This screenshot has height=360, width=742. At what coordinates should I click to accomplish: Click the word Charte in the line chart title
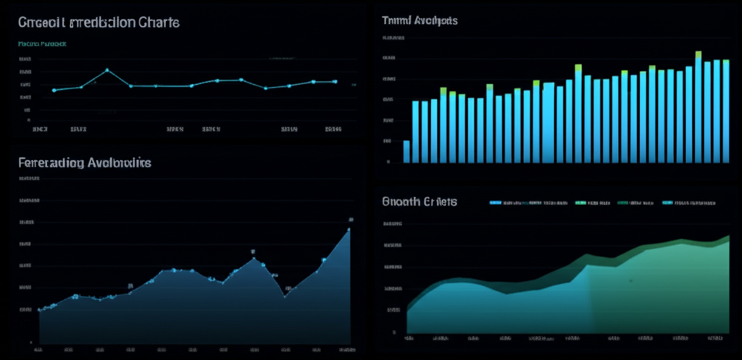click(x=157, y=22)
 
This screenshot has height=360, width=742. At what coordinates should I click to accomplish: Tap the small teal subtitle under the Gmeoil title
click(x=41, y=43)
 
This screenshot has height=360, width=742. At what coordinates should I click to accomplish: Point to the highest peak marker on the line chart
click(x=107, y=70)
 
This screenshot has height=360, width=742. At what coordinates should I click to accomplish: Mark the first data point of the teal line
click(x=54, y=91)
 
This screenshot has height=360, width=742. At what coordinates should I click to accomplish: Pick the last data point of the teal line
click(x=335, y=82)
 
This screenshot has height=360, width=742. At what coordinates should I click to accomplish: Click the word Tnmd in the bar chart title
click(x=396, y=21)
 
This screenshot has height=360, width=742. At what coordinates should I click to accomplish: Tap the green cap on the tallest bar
click(x=699, y=54)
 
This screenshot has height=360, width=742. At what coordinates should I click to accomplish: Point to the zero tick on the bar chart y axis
click(x=389, y=162)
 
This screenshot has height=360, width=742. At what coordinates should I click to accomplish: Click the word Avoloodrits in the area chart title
click(x=119, y=163)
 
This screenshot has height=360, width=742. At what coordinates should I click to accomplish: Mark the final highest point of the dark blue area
click(x=349, y=230)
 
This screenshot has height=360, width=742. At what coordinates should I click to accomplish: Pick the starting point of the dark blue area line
click(x=40, y=309)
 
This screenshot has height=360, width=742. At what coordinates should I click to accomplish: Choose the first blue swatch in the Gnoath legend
click(x=496, y=204)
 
